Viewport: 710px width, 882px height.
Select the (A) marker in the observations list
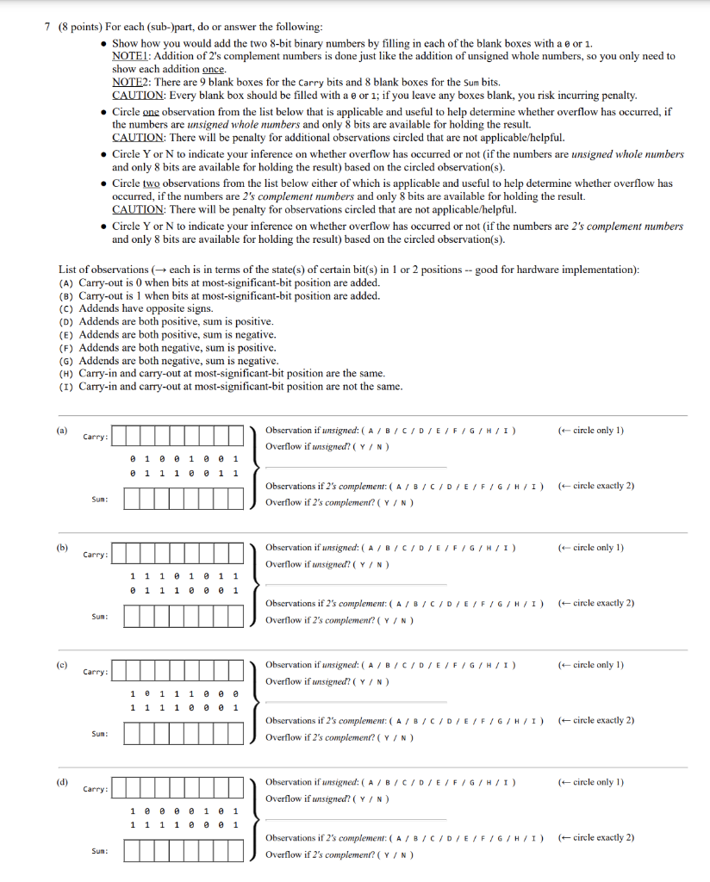point(66,283)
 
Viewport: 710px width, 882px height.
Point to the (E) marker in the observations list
point(66,334)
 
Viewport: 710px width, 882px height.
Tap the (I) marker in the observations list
point(66,387)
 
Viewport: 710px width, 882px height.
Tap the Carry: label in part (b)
point(96,555)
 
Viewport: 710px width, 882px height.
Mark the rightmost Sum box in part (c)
point(235,732)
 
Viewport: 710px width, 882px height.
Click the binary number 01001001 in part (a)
point(183,458)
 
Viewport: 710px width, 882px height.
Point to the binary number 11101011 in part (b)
point(183,575)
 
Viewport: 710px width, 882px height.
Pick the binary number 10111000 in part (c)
point(183,693)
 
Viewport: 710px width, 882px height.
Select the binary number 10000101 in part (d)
point(183,810)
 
